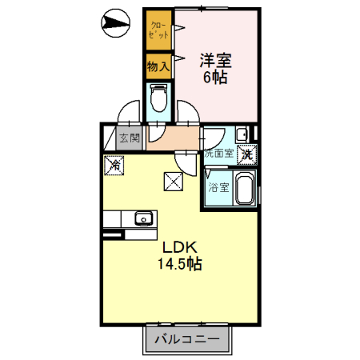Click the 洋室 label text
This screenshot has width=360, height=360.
pyautogui.click(x=216, y=59)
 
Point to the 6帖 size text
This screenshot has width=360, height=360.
pyautogui.click(x=216, y=78)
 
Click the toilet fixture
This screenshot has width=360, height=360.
pyautogui.click(x=158, y=98)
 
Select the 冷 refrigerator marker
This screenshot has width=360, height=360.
pyautogui.click(x=115, y=166)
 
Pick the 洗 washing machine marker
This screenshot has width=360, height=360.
pyautogui.click(x=249, y=153)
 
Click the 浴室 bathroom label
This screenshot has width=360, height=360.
pyautogui.click(x=218, y=188)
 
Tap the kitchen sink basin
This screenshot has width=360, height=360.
pyautogui.click(x=144, y=218)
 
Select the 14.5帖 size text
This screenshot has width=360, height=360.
pyautogui.click(x=179, y=264)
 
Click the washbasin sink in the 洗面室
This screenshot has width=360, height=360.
pyautogui.click(x=240, y=134)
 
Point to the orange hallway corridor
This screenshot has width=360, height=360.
pyautogui.click(x=172, y=142)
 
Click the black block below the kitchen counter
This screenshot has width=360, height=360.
pyautogui.click(x=112, y=235)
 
